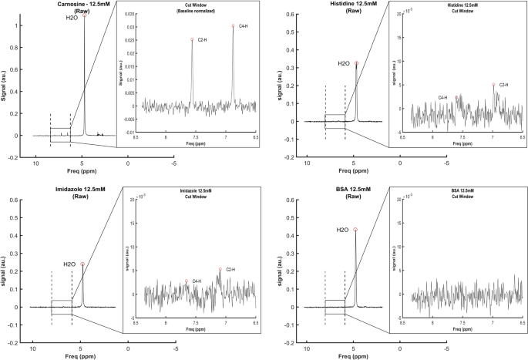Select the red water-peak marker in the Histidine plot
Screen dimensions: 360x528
pos(356,63)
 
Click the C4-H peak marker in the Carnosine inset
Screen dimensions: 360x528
pos(233,25)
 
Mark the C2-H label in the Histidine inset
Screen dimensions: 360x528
pos(505,84)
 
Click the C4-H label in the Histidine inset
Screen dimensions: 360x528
pos(443,98)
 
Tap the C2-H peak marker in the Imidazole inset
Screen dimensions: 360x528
pos(220,269)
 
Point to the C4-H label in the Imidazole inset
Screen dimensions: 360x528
pos(197,281)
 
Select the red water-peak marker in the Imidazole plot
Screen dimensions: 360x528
pos(82,264)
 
